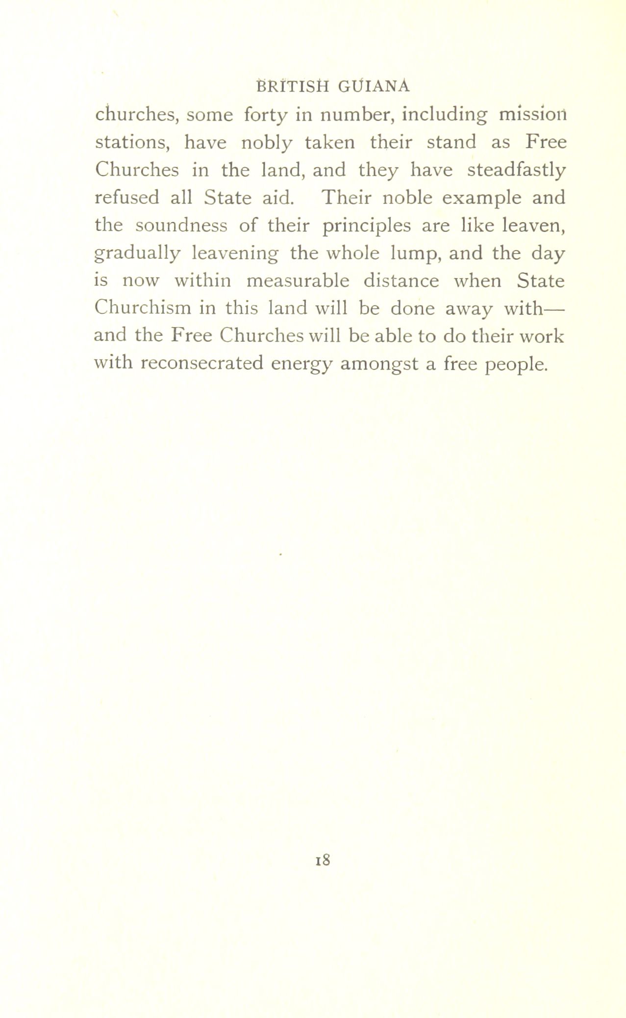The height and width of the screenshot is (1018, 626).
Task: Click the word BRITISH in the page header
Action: pyautogui.click(x=292, y=86)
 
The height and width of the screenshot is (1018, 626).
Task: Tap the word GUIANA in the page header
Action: pyautogui.click(x=373, y=86)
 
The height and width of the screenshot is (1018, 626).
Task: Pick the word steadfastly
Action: pyautogui.click(x=516, y=171)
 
